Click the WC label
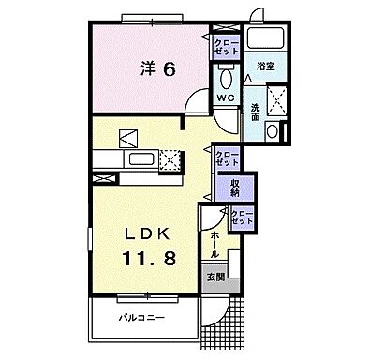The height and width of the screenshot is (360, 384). [x=225, y=97]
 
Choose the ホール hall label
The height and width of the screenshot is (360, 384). [x=215, y=244]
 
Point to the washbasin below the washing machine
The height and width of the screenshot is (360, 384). [x=271, y=132]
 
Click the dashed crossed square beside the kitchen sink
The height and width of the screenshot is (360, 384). [x=170, y=160]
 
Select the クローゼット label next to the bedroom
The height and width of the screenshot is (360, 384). [x=226, y=47]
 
